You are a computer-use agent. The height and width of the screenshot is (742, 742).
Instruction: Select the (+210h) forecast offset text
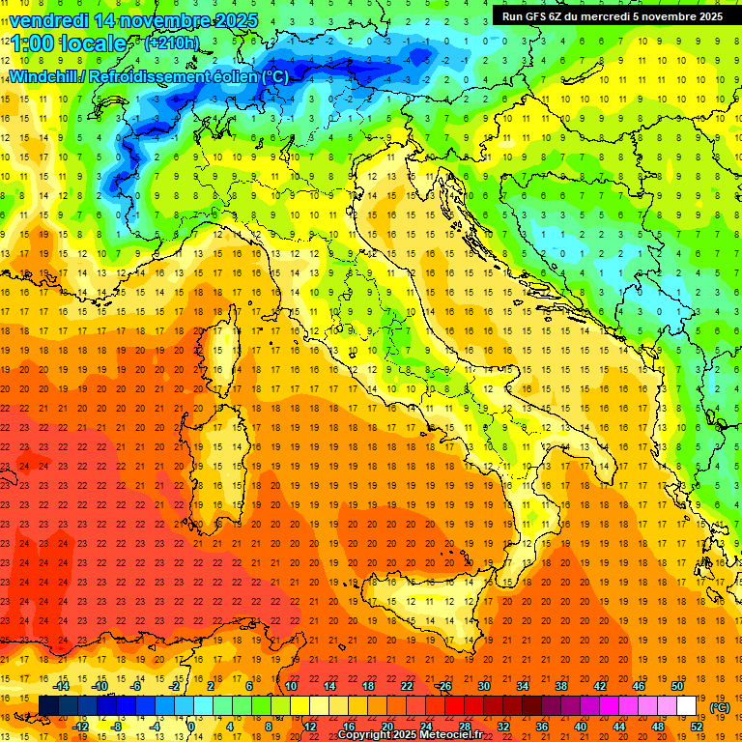tap(171, 43)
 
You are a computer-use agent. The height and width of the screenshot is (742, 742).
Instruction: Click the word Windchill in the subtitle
tap(45, 76)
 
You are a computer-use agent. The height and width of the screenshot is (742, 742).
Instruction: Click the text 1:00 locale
tap(68, 43)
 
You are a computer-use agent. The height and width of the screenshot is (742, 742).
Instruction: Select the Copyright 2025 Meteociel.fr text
tap(410, 734)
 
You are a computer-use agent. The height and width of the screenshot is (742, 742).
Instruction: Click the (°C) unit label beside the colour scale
tap(720, 707)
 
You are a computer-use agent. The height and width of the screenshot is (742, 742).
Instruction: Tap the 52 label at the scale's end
tap(697, 726)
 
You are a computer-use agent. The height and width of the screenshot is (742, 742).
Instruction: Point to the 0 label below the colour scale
tap(191, 726)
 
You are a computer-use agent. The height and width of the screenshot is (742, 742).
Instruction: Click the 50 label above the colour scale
tap(677, 686)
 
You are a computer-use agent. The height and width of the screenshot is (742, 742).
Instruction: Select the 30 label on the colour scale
tap(483, 686)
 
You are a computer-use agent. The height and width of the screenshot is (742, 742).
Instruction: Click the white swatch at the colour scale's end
tap(687, 705)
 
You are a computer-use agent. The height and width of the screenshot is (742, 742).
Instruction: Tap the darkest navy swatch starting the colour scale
tap(48, 705)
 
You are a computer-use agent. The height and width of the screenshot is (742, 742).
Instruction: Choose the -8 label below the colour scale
tap(116, 726)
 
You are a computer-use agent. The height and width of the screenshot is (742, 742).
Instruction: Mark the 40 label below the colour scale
tap(580, 726)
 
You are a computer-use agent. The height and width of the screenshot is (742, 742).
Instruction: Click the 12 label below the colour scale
tap(309, 726)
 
